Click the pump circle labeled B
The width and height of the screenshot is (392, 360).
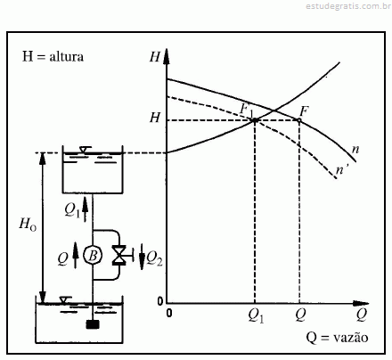coord(93,255)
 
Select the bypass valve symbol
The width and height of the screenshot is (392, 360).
coord(118,255)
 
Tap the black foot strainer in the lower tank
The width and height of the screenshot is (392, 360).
coord(93,324)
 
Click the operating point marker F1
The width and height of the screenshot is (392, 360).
coord(255,120)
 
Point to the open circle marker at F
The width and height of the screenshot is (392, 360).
coord(299,120)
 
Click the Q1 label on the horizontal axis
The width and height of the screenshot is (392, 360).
coord(256,316)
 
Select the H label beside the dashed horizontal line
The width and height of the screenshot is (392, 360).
coord(155,118)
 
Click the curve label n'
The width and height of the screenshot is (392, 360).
coord(340,170)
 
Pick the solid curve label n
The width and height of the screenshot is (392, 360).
coord(355,150)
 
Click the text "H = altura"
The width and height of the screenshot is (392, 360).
coord(53,56)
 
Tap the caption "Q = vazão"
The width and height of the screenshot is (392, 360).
coord(337,338)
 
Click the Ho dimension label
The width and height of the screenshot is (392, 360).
coord(28,224)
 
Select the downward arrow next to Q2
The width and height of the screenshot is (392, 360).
coord(142,257)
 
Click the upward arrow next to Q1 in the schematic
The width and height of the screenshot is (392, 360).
coord(86,209)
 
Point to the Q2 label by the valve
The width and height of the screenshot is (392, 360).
coord(155,258)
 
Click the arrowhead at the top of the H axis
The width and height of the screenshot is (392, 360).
coord(167,56)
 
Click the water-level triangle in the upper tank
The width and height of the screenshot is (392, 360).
coord(84,150)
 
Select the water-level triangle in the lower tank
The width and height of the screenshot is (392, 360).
coord(65,300)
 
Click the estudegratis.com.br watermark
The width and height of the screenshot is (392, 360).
coord(348,6)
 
